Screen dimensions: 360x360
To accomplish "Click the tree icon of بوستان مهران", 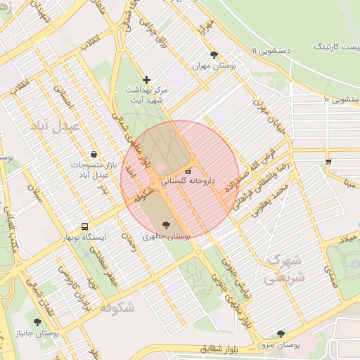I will point(214,54).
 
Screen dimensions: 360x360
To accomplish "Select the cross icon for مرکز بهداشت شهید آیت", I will point(146,80).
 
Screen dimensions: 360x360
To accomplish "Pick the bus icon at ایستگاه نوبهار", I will point(85,227).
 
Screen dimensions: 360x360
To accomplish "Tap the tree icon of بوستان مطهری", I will point(166,226).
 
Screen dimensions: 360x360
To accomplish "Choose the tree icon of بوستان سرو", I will point(281,334).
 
